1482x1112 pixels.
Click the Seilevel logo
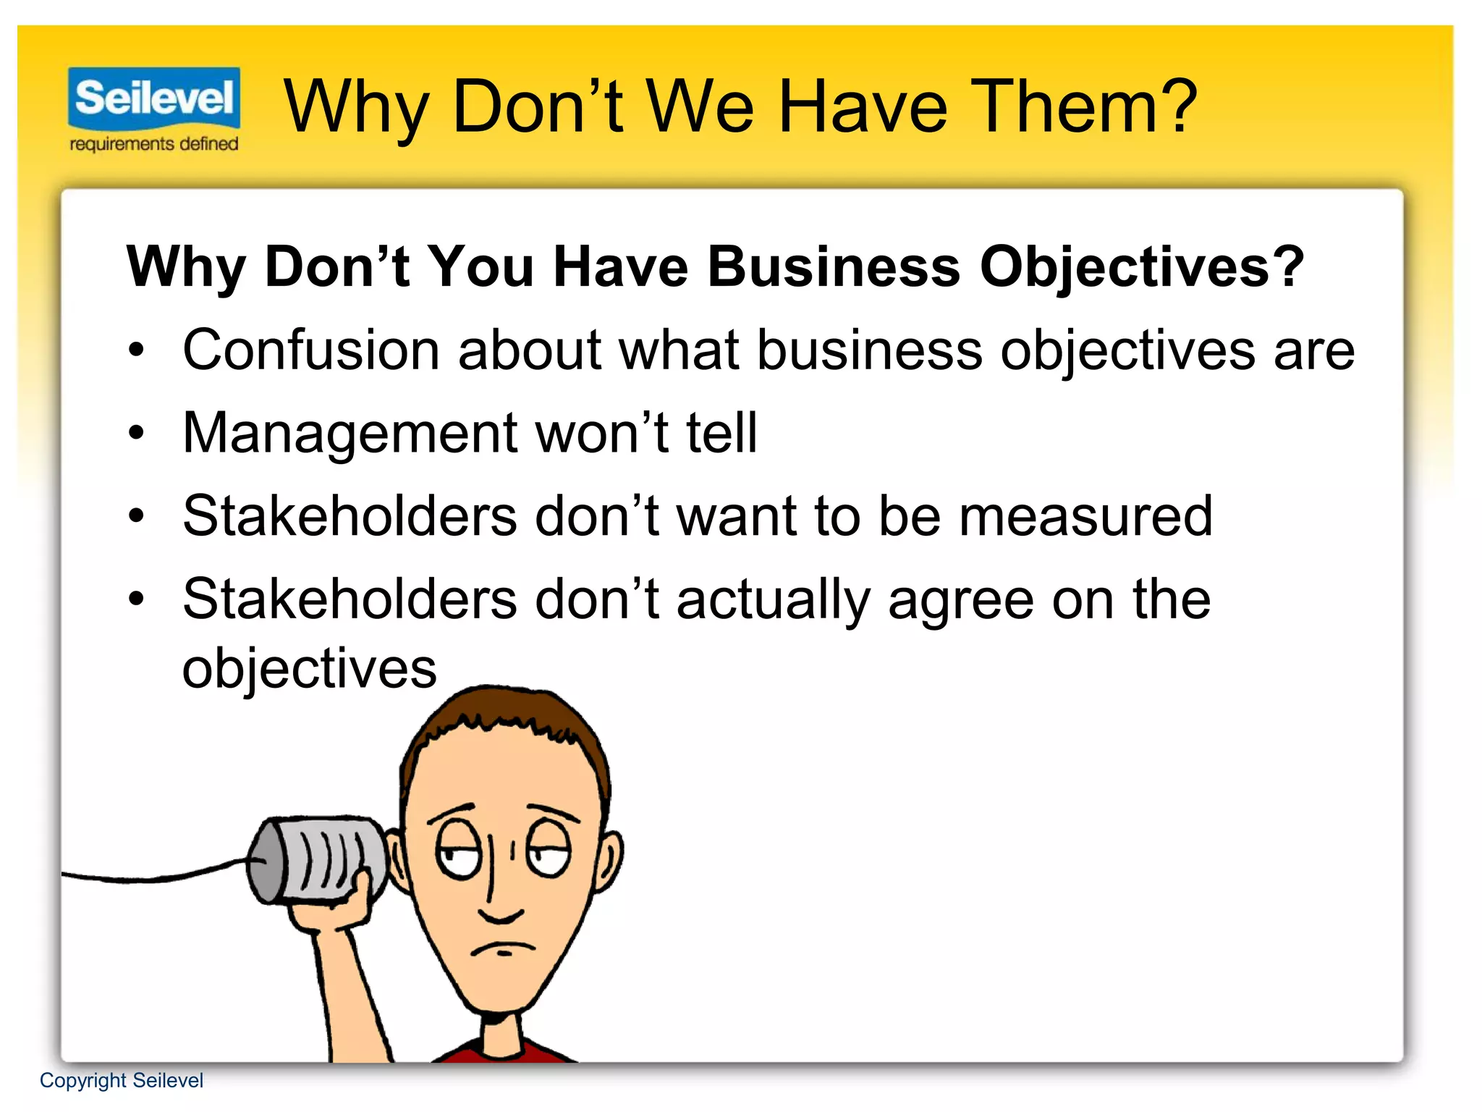[154, 98]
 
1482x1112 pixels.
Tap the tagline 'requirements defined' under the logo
[154, 144]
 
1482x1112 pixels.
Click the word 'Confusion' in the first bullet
[311, 350]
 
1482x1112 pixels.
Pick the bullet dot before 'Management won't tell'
[136, 433]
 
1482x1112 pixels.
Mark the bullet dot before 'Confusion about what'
[136, 350]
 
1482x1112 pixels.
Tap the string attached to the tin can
[159, 877]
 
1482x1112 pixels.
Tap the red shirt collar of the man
[507, 1054]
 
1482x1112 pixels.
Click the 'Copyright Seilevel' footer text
[122, 1080]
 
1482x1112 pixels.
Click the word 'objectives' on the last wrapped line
[310, 667]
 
